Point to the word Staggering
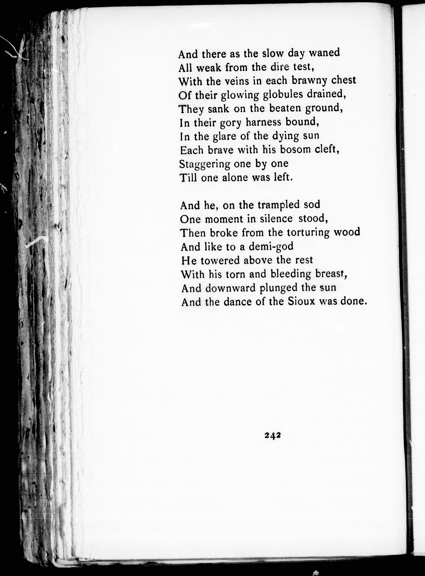click(205, 164)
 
